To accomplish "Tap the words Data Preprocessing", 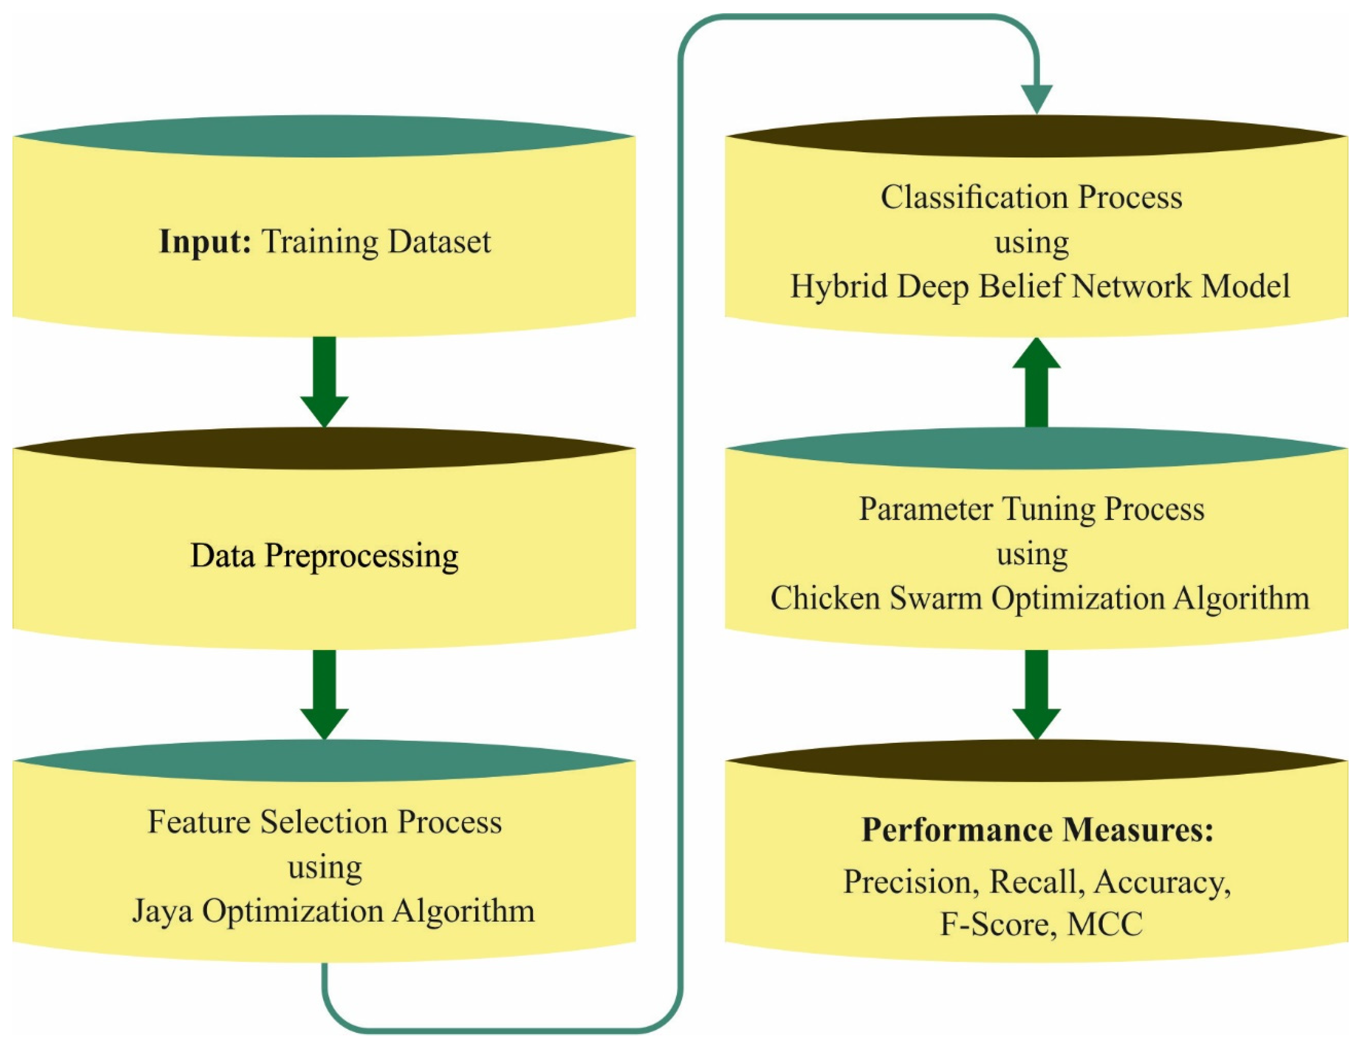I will (x=324, y=555).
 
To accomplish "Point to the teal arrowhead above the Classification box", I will (x=1036, y=98).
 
